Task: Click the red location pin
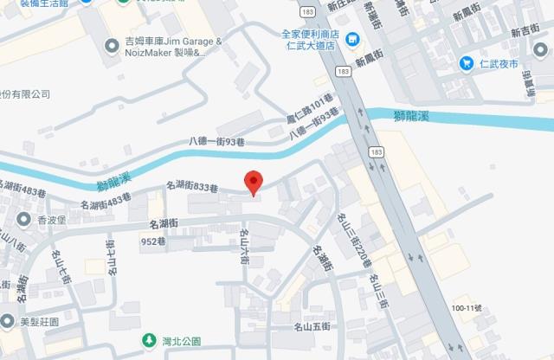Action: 253,182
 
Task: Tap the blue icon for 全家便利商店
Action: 352,39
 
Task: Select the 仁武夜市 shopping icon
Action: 467,63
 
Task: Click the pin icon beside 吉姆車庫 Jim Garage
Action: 112,46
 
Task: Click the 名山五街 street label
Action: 312,326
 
